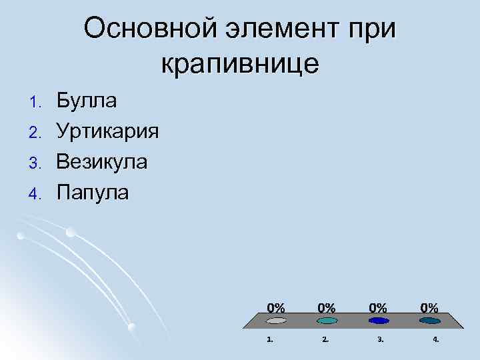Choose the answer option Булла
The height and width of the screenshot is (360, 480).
[x=87, y=101]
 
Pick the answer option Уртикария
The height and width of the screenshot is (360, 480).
[x=107, y=131]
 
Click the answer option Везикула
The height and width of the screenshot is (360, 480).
[x=101, y=162]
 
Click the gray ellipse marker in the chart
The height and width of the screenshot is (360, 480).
[x=276, y=321]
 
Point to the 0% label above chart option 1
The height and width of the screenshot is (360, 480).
[x=276, y=307]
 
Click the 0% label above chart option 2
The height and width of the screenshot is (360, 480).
[x=326, y=307]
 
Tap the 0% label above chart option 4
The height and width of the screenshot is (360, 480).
[x=429, y=307]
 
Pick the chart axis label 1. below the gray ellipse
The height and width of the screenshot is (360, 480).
[x=269, y=339]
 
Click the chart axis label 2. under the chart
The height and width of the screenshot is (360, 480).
[x=325, y=339]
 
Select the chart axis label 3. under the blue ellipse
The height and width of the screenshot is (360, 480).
[x=380, y=339]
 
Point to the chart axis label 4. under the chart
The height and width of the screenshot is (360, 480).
[x=435, y=339]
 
